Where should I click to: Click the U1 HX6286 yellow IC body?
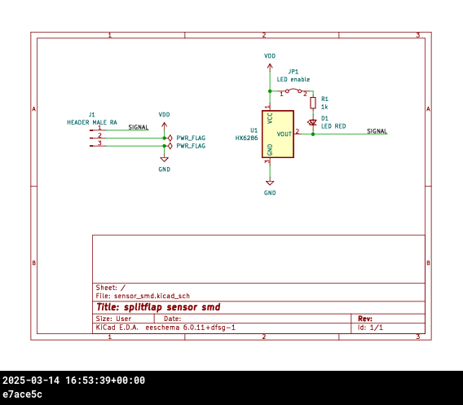(x=278, y=134)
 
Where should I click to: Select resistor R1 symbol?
(x=313, y=103)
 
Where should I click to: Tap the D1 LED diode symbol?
(x=312, y=122)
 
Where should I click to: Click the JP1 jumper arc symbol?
(x=293, y=90)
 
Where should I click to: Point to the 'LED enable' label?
(x=293, y=79)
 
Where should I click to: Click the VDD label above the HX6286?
(x=270, y=56)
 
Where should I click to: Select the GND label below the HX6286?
(x=270, y=193)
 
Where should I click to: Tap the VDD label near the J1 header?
(x=164, y=115)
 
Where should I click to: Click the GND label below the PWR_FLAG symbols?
(x=164, y=169)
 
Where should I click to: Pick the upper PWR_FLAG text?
(x=191, y=138)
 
